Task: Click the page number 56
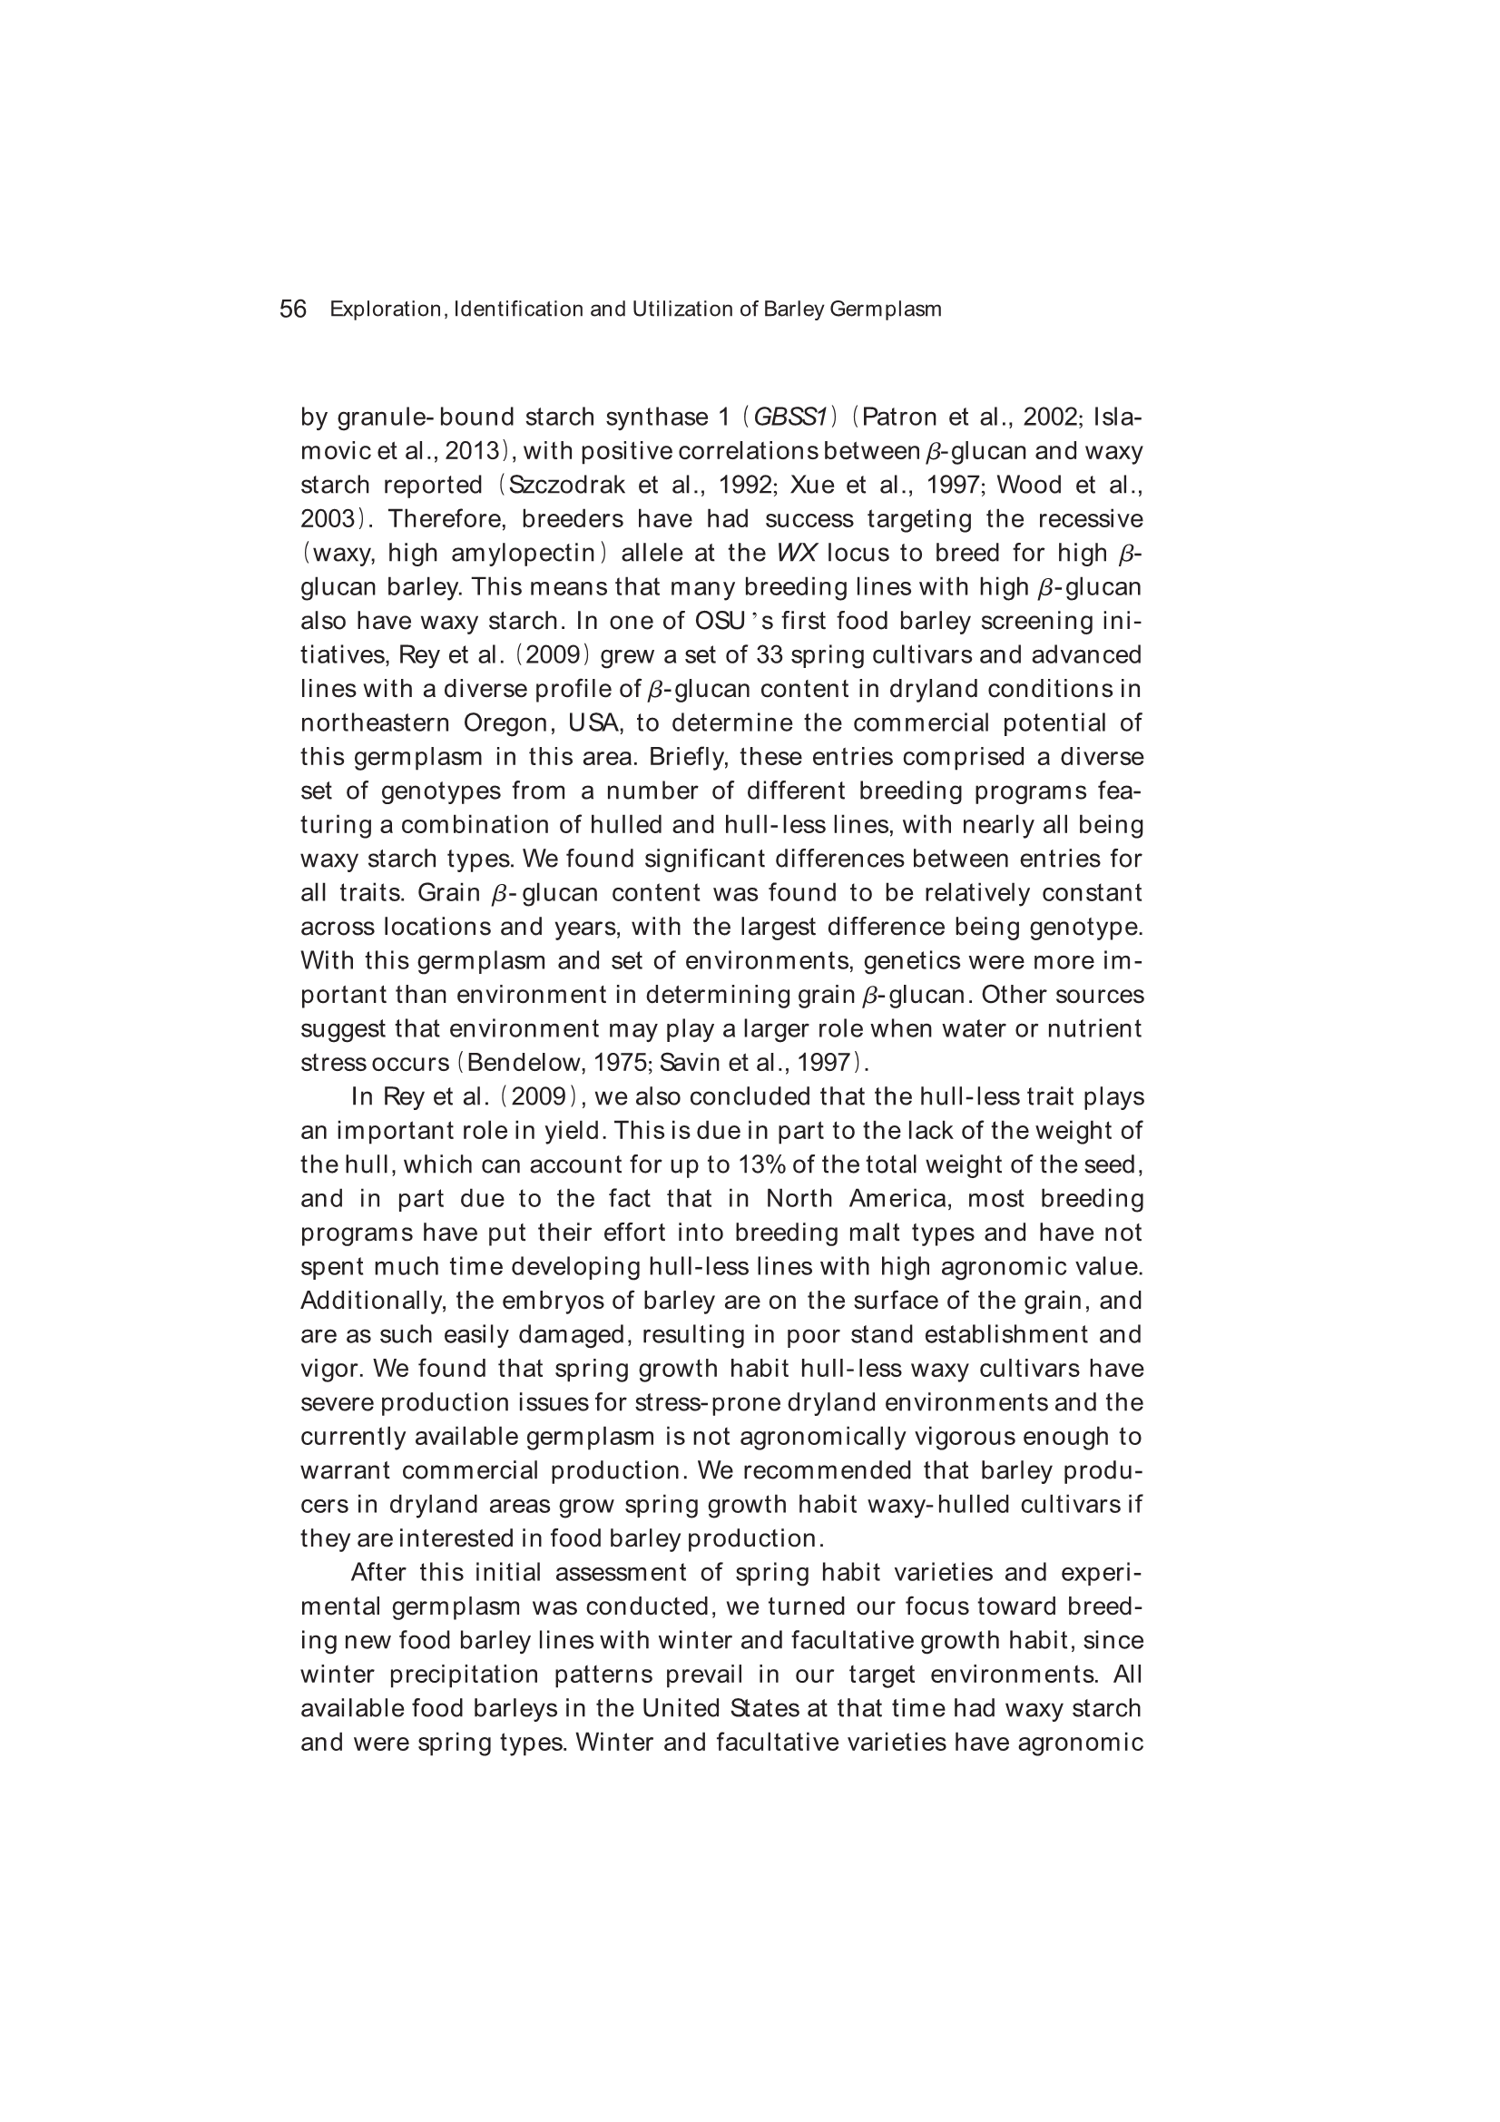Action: [x=292, y=309]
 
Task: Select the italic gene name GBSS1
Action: [x=789, y=418]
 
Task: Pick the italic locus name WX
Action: [x=796, y=554]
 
